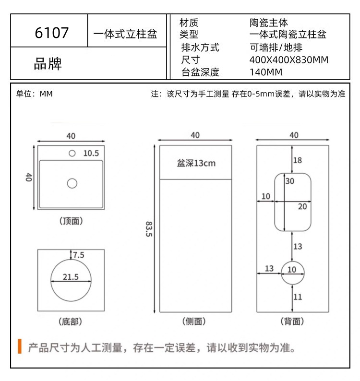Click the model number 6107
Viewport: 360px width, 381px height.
52,33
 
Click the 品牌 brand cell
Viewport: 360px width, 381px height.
48,63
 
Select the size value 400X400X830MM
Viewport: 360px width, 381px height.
289,60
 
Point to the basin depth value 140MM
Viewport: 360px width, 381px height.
266,72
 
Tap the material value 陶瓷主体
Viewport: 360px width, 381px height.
269,23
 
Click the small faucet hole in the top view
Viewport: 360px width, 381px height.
72,153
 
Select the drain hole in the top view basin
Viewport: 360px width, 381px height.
72,183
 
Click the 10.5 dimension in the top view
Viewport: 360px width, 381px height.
91,154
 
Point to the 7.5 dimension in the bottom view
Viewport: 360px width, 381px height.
78,255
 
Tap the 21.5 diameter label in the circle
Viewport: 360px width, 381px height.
71,277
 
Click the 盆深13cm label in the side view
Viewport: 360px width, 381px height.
196,163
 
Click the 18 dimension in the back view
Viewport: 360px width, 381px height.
298,160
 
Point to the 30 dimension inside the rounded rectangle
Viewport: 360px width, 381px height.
290,181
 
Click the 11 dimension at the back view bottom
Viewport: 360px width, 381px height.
298,297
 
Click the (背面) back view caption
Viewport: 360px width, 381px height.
292,321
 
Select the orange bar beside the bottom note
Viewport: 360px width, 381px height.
20,346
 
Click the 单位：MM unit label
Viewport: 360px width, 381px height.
35,94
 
